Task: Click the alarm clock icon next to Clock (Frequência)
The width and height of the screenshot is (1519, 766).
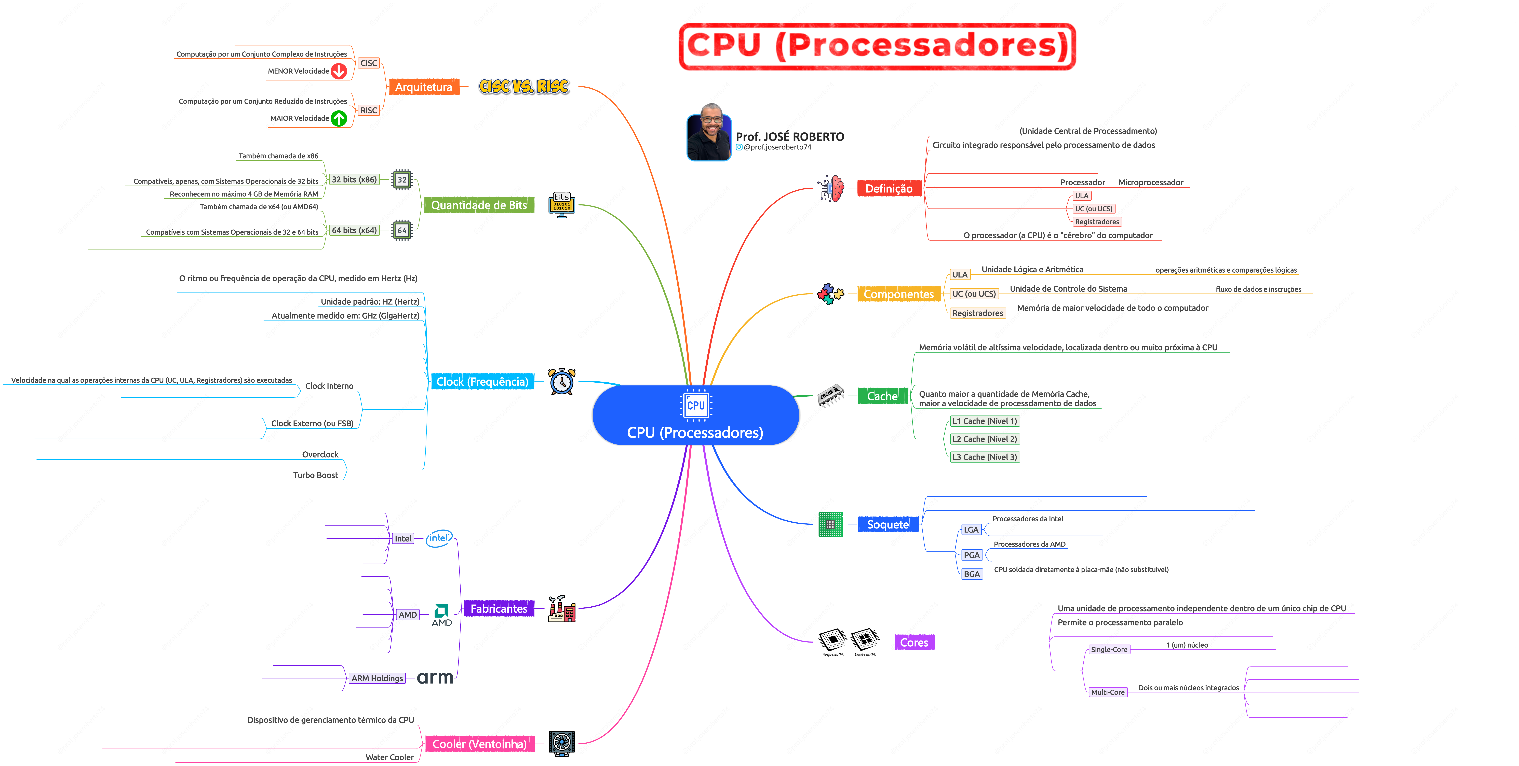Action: [561, 382]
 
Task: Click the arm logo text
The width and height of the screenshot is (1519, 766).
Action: [435, 678]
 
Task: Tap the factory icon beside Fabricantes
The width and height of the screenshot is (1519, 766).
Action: [561, 609]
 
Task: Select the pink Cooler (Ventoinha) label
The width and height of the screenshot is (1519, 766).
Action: [479, 744]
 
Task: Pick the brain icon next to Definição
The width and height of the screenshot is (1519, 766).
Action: [831, 189]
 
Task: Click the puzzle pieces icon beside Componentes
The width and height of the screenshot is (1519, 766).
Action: [830, 294]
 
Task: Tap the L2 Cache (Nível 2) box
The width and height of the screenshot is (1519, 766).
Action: [984, 439]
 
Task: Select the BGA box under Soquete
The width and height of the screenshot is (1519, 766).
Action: [971, 574]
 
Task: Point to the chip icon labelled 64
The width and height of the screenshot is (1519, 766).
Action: [402, 230]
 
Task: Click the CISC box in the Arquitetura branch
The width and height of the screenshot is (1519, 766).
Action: [369, 63]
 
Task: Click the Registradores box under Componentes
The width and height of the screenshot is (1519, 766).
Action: [977, 313]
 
